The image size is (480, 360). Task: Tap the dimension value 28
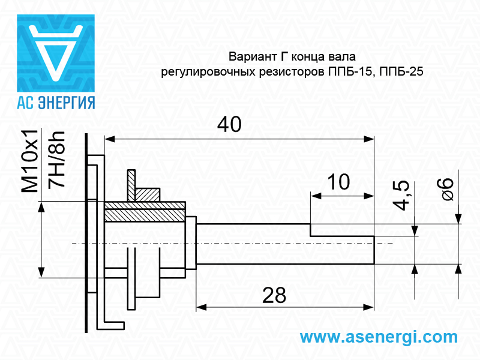(x=274, y=295)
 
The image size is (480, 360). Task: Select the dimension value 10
(x=340, y=182)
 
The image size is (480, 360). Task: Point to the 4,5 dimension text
(x=402, y=196)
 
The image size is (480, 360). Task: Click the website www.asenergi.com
(x=378, y=337)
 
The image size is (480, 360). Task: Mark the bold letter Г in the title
(x=285, y=57)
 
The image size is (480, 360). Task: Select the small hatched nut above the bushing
(x=147, y=194)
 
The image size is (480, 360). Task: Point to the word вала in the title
(x=342, y=57)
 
